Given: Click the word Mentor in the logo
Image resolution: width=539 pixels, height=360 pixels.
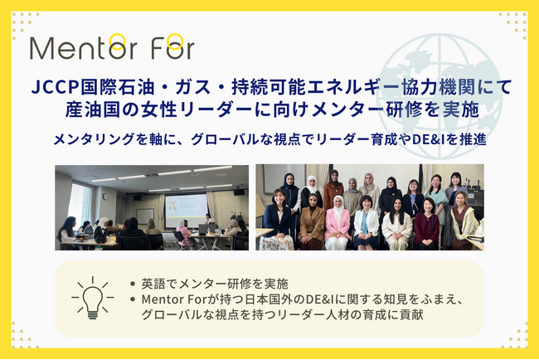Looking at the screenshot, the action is pyautogui.click(x=84, y=47).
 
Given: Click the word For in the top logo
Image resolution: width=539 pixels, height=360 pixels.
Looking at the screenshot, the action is pyautogui.click(x=173, y=47).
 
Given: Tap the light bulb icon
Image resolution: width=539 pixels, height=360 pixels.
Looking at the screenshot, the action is pyautogui.click(x=93, y=298).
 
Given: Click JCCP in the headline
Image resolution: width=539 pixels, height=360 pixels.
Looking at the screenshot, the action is pyautogui.click(x=56, y=86).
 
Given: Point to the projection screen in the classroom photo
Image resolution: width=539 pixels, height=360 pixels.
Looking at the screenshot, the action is pyautogui.click(x=186, y=211).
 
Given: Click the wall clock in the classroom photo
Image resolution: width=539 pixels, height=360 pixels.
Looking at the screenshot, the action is pyautogui.click(x=105, y=197).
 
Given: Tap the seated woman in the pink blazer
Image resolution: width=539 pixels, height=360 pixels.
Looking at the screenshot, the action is pyautogui.click(x=337, y=223).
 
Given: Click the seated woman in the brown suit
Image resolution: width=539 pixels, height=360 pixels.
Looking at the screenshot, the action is pyautogui.click(x=312, y=222).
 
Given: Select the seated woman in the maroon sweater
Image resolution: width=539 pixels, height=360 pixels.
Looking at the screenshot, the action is pyautogui.click(x=426, y=225).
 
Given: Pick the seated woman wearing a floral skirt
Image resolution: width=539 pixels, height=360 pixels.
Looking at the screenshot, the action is pyautogui.click(x=277, y=221).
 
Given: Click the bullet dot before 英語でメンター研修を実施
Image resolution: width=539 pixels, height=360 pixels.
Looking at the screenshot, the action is pyautogui.click(x=133, y=284).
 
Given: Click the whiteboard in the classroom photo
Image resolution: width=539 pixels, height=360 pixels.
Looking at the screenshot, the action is pyautogui.click(x=145, y=216).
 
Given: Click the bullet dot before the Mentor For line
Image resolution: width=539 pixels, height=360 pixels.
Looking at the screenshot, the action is pyautogui.click(x=133, y=299).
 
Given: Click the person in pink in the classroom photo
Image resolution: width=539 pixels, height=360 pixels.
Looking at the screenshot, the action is pyautogui.click(x=184, y=233).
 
